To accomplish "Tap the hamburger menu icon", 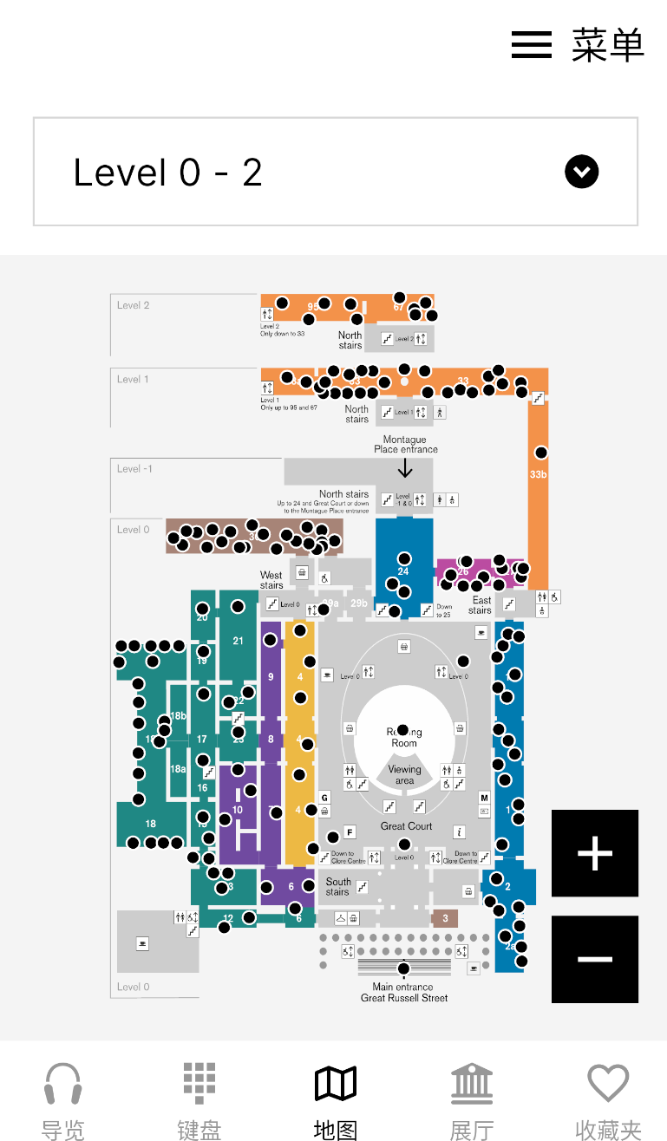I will click(532, 44).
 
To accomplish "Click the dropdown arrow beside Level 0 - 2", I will click(581, 172).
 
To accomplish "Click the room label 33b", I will click(538, 474).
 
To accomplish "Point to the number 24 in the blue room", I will click(403, 571).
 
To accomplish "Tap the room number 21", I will click(239, 641).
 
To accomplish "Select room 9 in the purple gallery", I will click(271, 676).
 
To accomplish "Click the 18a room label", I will click(178, 769).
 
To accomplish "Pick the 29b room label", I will click(358, 603).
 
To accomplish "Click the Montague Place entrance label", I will click(405, 444).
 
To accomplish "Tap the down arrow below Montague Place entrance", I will click(405, 468).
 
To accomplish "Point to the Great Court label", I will click(406, 826).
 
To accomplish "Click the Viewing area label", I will click(404, 774).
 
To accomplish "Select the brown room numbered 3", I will click(445, 918).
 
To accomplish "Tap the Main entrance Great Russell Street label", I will click(404, 992).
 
